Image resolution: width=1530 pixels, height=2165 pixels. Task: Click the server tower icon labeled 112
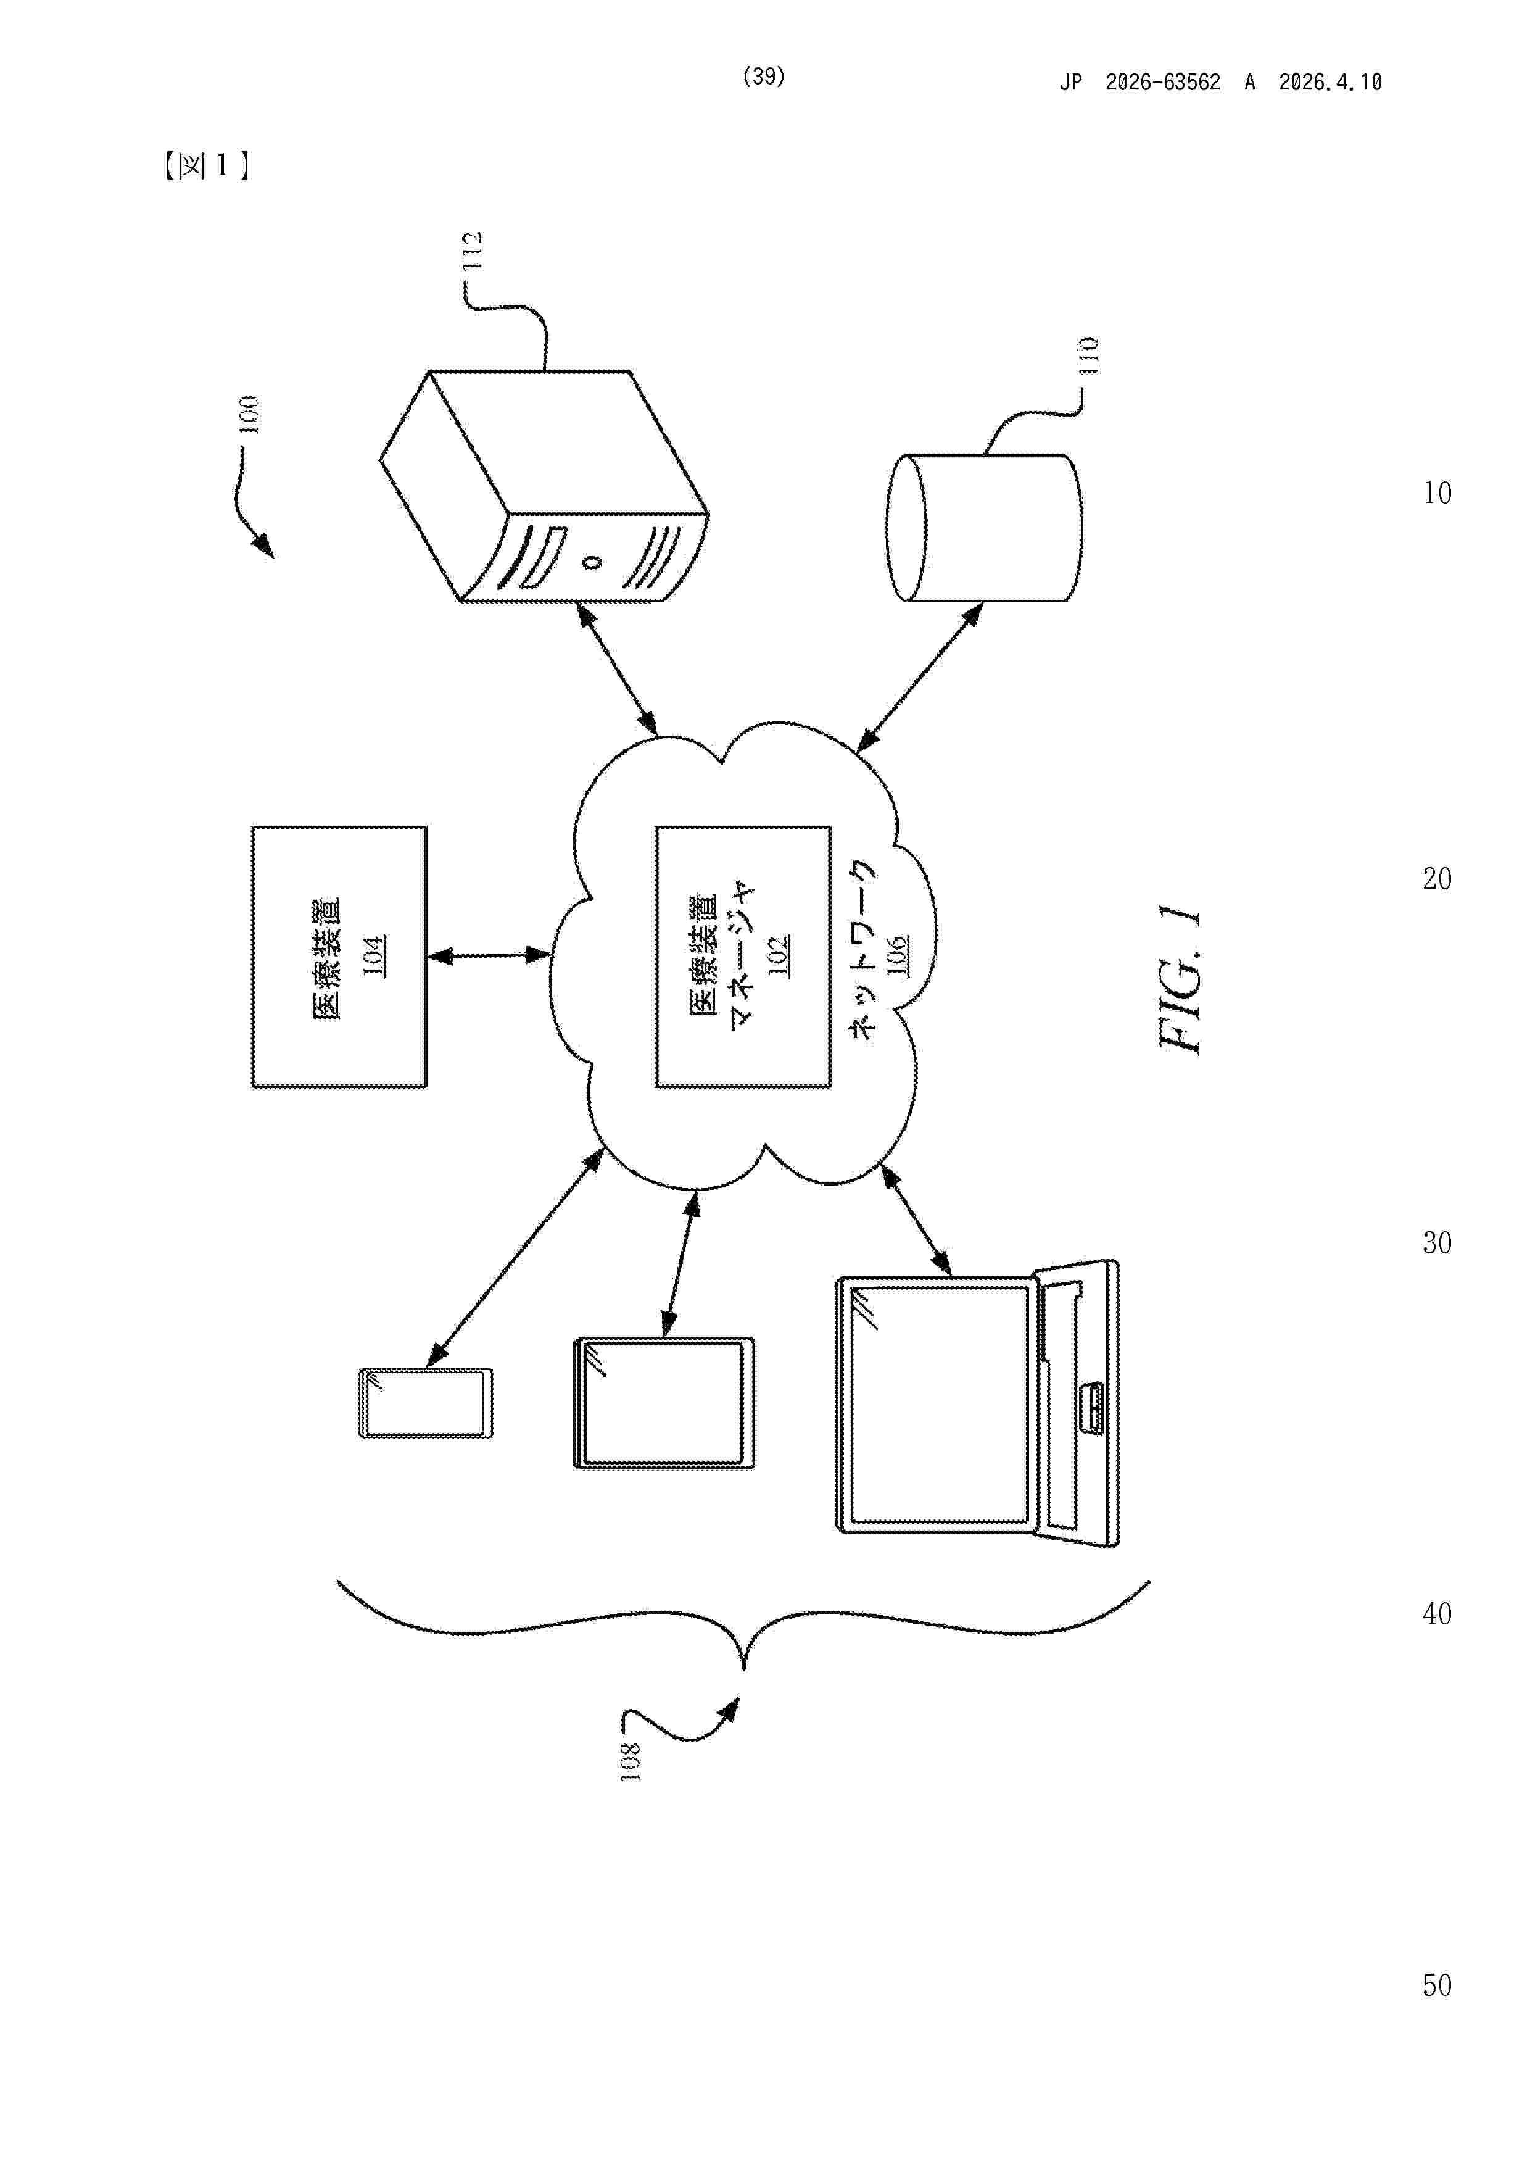[x=544, y=486]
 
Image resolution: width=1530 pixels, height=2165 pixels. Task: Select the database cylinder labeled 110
[x=983, y=528]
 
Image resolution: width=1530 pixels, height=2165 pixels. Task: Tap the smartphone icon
[x=426, y=1403]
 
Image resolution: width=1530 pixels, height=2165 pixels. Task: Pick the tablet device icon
[x=664, y=1403]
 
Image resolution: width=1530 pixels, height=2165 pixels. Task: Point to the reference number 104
[x=374, y=956]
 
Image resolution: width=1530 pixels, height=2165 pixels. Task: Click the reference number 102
[x=779, y=956]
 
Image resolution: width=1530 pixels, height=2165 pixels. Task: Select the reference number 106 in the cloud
[x=896, y=956]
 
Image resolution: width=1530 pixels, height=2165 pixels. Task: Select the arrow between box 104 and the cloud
[x=489, y=956]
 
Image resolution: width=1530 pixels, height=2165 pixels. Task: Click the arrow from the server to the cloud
[x=618, y=670]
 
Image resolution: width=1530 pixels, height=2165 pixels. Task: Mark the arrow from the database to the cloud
[x=919, y=678]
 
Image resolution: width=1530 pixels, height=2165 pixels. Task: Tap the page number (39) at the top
[x=764, y=77]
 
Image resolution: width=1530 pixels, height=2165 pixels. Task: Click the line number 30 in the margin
[x=1437, y=1244]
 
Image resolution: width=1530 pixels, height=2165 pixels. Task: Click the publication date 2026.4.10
[x=1330, y=83]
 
